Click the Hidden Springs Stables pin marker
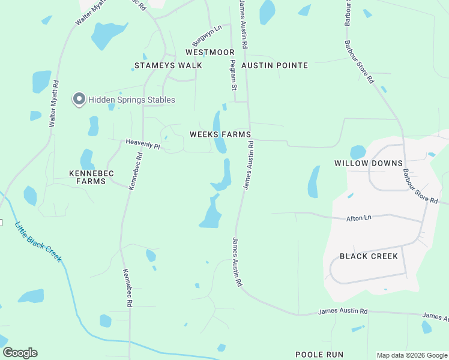pos(79,100)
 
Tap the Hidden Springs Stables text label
pos(132,100)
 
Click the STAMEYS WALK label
pos(160,65)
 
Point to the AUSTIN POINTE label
pos(275,65)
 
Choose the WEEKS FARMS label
pos(220,134)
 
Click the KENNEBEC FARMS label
pos(92,177)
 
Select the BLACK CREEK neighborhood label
pos(369,256)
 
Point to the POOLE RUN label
pos(319,355)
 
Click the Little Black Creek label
pos(38,241)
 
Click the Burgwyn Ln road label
pos(206,35)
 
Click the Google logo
pos(20,353)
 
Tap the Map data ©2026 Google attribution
pos(412,355)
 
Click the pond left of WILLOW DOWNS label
pos(313,182)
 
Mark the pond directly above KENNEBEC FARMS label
pos(87,158)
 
